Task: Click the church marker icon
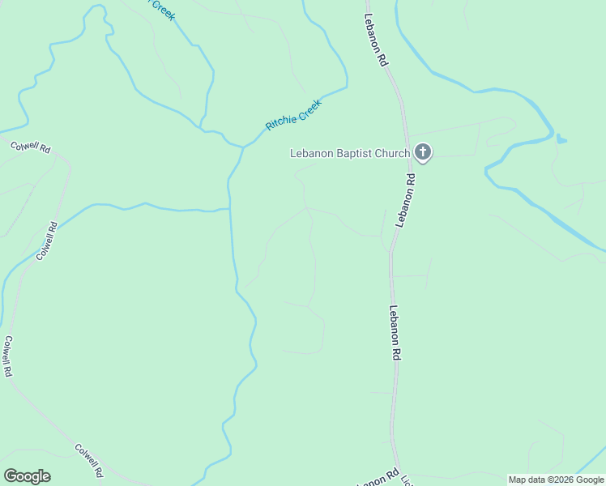pos(422,152)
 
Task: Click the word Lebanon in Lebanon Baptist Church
pos(312,153)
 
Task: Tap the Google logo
pos(27,476)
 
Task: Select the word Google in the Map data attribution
pos(585,480)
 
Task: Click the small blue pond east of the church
pos(561,139)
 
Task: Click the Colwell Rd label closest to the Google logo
pos(89,458)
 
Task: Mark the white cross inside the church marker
pos(422,151)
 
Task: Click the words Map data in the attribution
pos(526,480)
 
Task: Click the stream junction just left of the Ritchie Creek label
pos(242,147)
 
